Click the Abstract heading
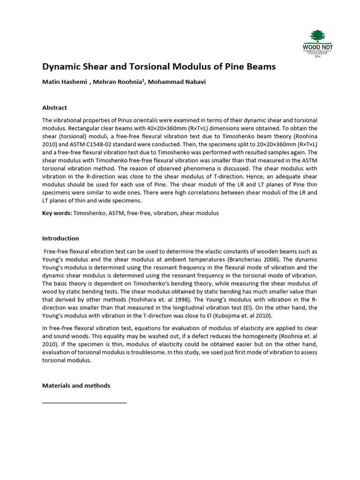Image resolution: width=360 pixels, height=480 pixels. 54,107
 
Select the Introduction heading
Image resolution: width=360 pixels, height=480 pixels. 60,238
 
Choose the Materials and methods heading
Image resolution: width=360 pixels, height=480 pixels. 76,385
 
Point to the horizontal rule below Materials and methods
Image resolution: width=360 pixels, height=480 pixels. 84,402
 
